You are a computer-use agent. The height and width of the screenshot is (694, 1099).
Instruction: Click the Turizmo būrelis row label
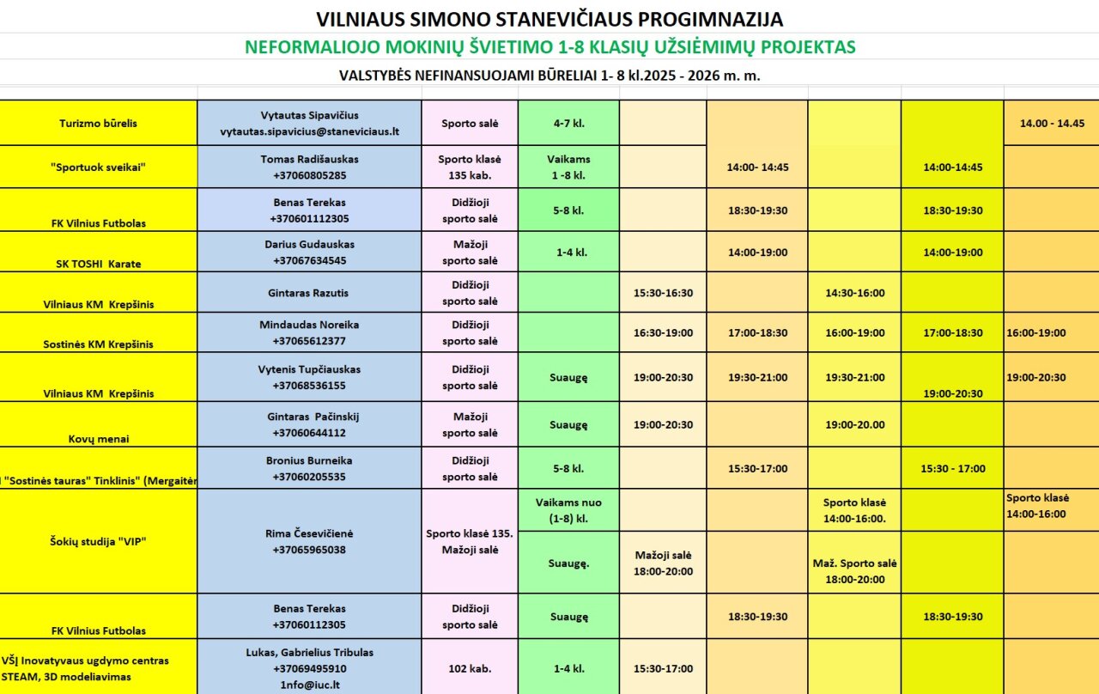[x=99, y=123]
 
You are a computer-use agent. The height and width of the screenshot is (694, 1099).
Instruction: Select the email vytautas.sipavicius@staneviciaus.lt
[x=310, y=131]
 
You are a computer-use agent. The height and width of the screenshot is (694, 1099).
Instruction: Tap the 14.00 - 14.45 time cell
[x=1052, y=123]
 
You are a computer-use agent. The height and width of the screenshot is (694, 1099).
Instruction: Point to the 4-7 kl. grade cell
[x=568, y=123]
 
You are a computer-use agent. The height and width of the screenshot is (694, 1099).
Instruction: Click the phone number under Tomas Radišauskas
[x=310, y=175]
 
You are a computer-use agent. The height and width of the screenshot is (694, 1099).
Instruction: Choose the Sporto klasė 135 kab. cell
[x=470, y=167]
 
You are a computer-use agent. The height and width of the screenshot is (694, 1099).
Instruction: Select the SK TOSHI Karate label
[x=99, y=264]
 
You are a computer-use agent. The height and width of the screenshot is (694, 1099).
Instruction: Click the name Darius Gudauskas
[x=310, y=244]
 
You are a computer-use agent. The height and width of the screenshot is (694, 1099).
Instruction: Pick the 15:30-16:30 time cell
[x=663, y=293]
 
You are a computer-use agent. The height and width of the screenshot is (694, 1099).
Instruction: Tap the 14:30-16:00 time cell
[x=854, y=293]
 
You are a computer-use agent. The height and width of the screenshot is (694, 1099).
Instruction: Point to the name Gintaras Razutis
[x=310, y=293]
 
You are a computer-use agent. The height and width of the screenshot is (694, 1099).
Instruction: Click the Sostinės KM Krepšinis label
[x=99, y=344]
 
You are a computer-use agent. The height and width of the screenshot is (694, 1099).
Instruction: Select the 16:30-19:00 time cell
[x=663, y=332]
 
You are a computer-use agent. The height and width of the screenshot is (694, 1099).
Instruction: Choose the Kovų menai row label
[x=99, y=439]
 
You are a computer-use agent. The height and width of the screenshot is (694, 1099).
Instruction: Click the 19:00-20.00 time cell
[x=854, y=424]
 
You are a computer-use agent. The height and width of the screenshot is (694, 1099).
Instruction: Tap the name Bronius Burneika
[x=310, y=460]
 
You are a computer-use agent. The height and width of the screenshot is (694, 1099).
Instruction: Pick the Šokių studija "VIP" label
[x=99, y=541]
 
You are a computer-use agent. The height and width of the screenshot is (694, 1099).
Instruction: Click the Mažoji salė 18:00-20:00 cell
[x=663, y=563]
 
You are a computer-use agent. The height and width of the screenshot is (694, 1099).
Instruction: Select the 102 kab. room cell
[x=470, y=668]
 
